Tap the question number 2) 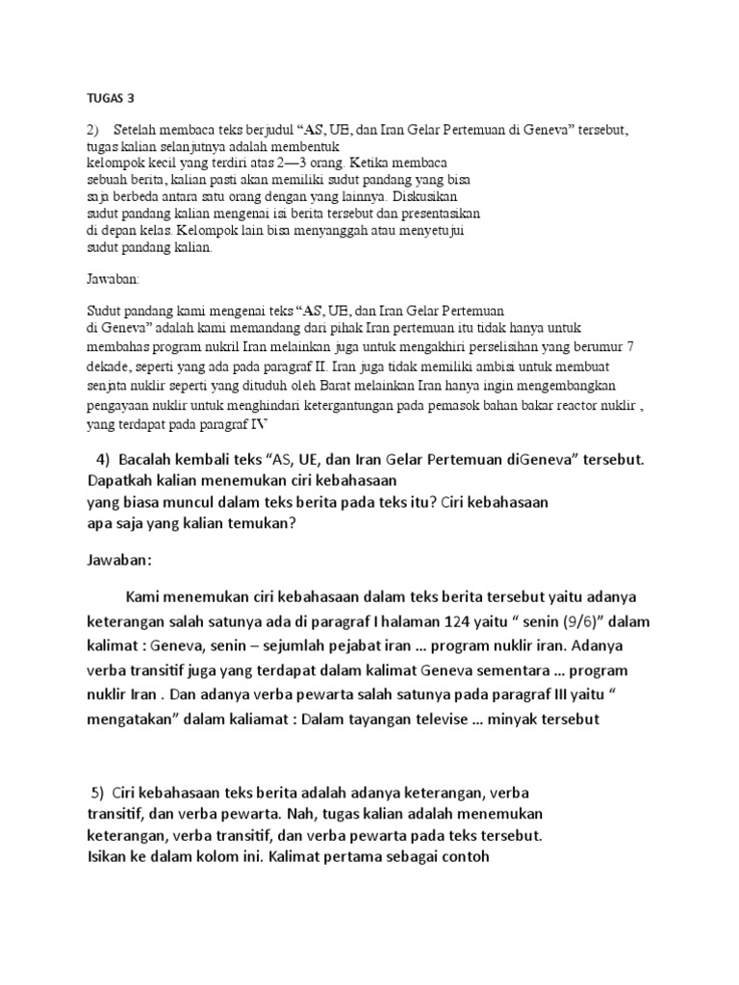(93, 129)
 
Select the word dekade (107, 366)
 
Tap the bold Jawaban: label (118, 561)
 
